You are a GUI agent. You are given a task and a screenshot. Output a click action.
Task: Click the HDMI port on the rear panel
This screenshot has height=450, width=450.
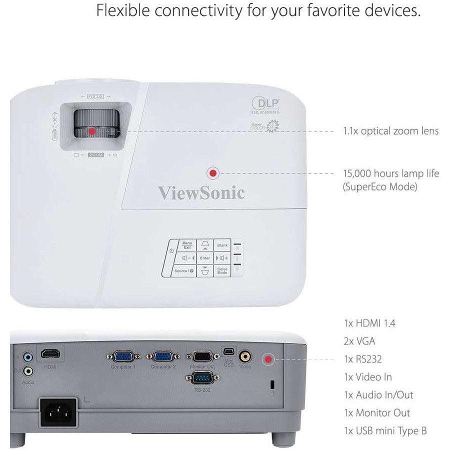50,354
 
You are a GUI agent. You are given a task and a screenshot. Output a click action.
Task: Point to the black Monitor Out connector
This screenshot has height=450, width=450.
203,356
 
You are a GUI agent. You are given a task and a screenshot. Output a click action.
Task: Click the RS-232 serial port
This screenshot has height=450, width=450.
203,377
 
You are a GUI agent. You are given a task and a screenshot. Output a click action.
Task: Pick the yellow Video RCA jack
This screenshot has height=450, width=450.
245,356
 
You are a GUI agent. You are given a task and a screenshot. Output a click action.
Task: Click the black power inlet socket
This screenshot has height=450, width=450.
58,412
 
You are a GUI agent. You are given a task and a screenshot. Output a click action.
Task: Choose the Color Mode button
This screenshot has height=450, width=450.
222,270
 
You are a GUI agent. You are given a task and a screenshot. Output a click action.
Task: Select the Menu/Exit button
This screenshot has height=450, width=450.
187,245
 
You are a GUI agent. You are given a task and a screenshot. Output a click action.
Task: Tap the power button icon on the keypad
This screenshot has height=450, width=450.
171,249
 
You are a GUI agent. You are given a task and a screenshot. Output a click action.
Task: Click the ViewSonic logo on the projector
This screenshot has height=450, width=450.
201,192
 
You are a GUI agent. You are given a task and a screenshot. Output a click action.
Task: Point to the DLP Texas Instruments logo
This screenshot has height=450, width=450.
266,105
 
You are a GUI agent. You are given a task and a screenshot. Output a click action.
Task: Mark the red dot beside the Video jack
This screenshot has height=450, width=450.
269,359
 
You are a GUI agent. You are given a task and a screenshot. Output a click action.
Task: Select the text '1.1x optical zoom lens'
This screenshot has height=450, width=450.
390,131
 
